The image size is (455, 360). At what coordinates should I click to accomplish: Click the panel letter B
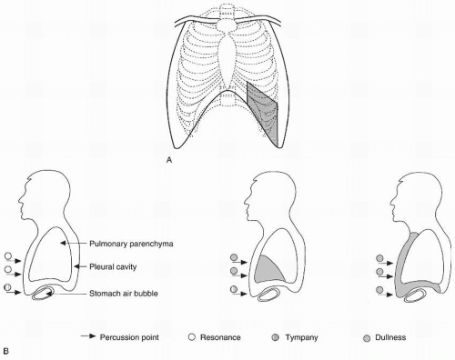(x=6, y=347)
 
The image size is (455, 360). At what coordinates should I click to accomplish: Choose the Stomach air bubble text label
(x=129, y=292)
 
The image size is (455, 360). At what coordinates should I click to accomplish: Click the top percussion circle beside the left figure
(x=8, y=257)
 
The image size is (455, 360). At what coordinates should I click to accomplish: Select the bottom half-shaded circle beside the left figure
(x=8, y=288)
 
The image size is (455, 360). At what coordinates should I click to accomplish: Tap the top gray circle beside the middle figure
(x=235, y=257)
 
